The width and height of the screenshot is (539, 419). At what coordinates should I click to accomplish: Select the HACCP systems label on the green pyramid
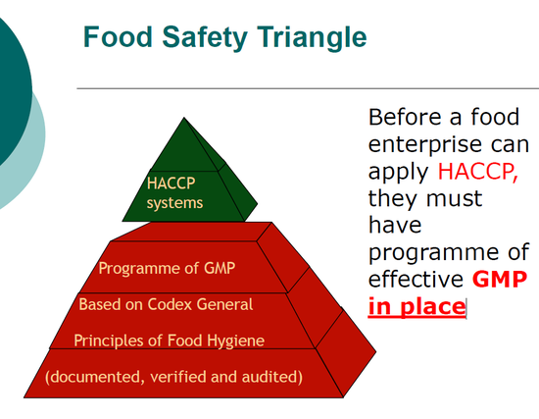tap(175, 192)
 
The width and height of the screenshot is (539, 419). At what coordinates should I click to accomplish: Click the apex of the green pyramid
tap(184, 120)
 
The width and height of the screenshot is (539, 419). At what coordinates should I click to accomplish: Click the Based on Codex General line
tap(166, 304)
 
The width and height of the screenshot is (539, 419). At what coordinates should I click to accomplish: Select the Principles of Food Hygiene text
tap(169, 340)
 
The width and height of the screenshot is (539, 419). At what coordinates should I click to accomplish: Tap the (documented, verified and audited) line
tap(174, 376)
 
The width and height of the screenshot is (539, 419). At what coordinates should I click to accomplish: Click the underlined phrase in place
tap(416, 306)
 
